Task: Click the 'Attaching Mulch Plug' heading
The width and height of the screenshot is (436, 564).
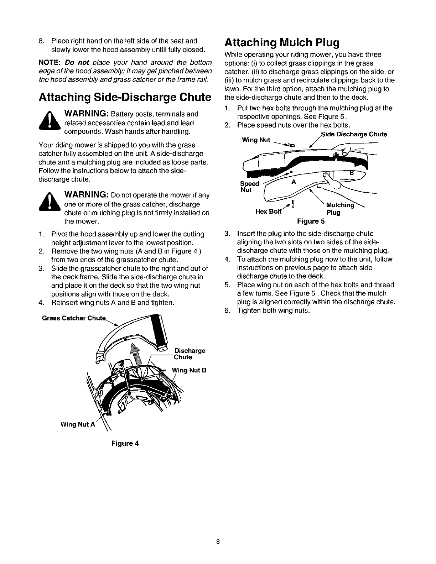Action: [281, 43]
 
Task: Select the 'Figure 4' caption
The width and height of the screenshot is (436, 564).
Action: [125, 443]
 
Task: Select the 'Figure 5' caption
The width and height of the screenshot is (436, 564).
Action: [310, 221]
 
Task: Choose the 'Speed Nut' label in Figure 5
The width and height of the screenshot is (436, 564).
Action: [246, 187]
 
